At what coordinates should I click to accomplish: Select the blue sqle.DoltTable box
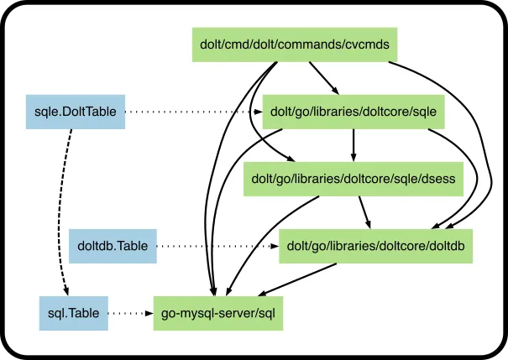(75, 111)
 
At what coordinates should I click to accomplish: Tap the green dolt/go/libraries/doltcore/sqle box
(354, 111)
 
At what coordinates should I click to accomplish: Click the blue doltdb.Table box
(112, 246)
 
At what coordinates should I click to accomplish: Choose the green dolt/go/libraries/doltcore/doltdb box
(374, 246)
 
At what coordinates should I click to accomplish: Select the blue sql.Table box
(74, 313)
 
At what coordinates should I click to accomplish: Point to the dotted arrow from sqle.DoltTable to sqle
(193, 111)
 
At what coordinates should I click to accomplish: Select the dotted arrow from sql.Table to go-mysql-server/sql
(130, 313)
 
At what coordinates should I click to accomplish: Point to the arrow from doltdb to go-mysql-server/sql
(298, 279)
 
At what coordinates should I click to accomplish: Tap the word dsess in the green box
(439, 179)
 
